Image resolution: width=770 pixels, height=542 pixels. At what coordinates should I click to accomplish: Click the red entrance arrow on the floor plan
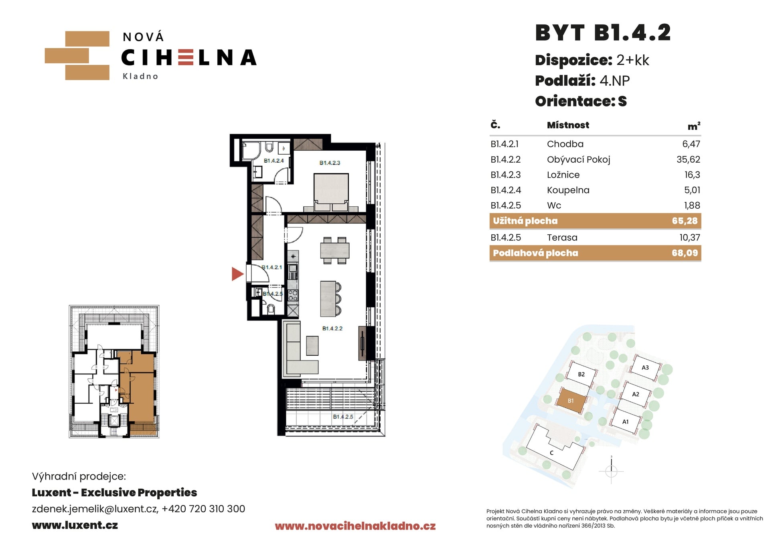[237, 274]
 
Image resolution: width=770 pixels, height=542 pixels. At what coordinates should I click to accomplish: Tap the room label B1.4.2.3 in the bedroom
[330, 163]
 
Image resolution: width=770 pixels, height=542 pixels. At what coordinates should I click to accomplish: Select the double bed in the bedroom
[331, 192]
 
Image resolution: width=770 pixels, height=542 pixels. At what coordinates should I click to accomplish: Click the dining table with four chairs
[334, 250]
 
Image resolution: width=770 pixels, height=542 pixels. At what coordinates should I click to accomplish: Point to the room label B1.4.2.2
[332, 328]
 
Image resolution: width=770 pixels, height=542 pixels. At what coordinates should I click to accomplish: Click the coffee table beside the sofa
[312, 346]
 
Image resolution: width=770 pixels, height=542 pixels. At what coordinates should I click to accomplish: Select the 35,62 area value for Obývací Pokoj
[688, 159]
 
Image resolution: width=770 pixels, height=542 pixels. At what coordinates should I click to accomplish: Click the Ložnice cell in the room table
[563, 175]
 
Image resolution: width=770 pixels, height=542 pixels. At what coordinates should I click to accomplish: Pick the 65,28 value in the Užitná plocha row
[685, 221]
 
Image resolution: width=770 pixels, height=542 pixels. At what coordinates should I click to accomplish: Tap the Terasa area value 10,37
[690, 238]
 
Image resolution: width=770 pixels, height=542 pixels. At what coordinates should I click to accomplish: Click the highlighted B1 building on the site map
[571, 401]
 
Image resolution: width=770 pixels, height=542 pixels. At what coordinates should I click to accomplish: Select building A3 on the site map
[645, 368]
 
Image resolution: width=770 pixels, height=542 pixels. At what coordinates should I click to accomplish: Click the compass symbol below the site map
[611, 471]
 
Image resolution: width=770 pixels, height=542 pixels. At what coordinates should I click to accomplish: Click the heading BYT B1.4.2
[603, 32]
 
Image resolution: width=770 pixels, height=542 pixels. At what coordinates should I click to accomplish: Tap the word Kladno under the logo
[140, 76]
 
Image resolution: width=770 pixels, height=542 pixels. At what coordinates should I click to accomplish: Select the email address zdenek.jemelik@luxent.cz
[95, 509]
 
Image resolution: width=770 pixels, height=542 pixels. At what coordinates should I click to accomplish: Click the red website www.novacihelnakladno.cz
[355, 526]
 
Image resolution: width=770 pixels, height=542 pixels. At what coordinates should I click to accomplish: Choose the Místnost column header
[568, 125]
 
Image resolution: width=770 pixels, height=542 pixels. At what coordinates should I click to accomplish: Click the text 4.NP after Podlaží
[615, 81]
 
